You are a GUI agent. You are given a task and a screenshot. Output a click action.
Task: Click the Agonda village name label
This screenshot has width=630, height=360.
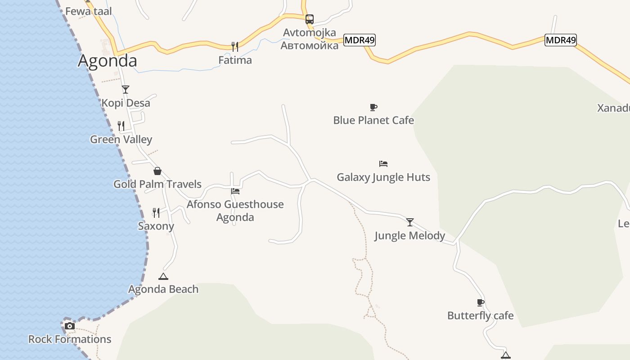[107, 61]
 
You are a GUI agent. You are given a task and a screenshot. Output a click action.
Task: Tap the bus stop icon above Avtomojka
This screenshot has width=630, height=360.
[310, 19]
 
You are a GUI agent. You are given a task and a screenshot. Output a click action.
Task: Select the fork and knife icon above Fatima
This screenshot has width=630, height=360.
[234, 46]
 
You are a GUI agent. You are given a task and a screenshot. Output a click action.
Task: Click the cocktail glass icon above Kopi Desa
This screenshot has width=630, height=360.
[126, 90]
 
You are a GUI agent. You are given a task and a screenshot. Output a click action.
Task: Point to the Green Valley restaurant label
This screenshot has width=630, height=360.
[121, 139]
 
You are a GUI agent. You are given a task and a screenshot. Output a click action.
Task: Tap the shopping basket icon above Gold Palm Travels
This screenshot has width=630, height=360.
[157, 171]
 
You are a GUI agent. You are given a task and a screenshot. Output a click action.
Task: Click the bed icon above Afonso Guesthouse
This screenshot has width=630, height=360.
[235, 191]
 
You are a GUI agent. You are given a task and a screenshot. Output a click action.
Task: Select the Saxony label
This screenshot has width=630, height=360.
[156, 226]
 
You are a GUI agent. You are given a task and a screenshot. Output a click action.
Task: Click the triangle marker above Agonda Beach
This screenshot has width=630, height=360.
[163, 276]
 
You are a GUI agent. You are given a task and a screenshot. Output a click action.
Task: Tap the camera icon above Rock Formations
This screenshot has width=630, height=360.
[70, 326]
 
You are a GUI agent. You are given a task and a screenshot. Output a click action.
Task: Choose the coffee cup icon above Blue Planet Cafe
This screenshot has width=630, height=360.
[373, 107]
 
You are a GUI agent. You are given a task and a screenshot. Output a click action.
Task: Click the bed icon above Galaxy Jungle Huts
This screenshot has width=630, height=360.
[383, 164]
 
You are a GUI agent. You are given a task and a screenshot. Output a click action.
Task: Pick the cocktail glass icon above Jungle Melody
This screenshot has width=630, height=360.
[410, 222]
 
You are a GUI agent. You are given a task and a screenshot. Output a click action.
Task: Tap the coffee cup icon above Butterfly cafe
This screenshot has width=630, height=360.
[481, 302]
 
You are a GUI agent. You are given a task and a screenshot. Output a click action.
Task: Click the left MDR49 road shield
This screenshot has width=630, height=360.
[359, 40]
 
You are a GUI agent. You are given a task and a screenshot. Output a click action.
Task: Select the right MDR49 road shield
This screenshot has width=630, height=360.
[560, 40]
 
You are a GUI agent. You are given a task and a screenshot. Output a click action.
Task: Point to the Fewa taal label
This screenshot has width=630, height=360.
[88, 11]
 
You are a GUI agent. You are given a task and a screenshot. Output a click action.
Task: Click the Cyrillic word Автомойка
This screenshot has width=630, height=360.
[310, 45]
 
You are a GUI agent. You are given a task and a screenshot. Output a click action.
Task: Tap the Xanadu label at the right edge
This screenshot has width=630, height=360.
[613, 108]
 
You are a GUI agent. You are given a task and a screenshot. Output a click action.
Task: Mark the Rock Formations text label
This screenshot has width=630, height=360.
[70, 339]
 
